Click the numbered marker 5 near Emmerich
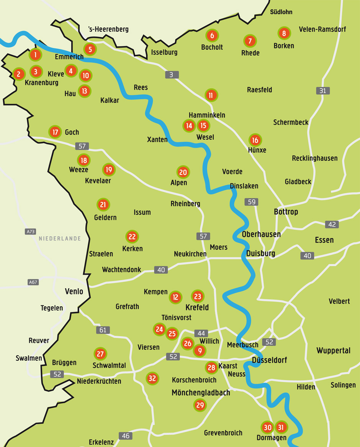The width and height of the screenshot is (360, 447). pos(90,49)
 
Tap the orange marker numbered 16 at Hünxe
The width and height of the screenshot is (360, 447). pos(255,140)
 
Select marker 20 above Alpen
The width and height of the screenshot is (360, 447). pos(183,172)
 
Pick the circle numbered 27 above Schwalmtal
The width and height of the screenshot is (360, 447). pos(100,353)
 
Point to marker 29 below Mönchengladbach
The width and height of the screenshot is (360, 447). pos(200,405)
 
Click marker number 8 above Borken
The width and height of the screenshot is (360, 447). pos(284,33)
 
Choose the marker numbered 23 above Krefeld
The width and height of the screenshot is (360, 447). pos(198,296)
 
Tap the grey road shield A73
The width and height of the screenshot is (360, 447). pos(31,232)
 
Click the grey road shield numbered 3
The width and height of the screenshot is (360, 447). pos(172,75)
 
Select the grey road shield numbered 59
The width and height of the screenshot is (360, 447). pos(252,202)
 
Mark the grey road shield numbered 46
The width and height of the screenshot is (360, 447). pos(125,436)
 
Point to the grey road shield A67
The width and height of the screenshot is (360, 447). pos(33,282)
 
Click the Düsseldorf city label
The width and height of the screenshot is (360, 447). pos(269,360)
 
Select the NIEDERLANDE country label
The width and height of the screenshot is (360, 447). pos(60,238)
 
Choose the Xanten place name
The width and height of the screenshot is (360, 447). pos(157,140)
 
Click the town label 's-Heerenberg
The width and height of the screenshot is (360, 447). pos(108,29)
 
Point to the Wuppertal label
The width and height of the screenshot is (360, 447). pos(333,350)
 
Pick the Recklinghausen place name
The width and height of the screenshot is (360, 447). pos(314,158)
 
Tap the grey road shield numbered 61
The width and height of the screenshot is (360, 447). pos(103,330)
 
